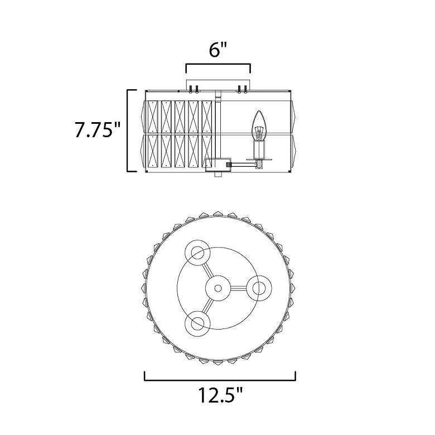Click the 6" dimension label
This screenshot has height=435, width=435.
tap(217, 50)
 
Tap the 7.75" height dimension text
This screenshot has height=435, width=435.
tap(98, 129)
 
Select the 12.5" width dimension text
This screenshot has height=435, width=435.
tap(220, 395)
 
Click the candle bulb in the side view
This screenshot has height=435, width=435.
tap(259, 125)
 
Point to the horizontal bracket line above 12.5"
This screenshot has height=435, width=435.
tap(220, 380)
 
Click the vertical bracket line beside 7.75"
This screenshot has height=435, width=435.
tap(128, 130)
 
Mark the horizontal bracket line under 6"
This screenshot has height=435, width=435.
tap(218, 65)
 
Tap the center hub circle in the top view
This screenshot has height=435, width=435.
tap(218, 288)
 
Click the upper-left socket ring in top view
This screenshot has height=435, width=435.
tap(197, 253)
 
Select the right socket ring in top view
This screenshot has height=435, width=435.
tap(259, 288)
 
